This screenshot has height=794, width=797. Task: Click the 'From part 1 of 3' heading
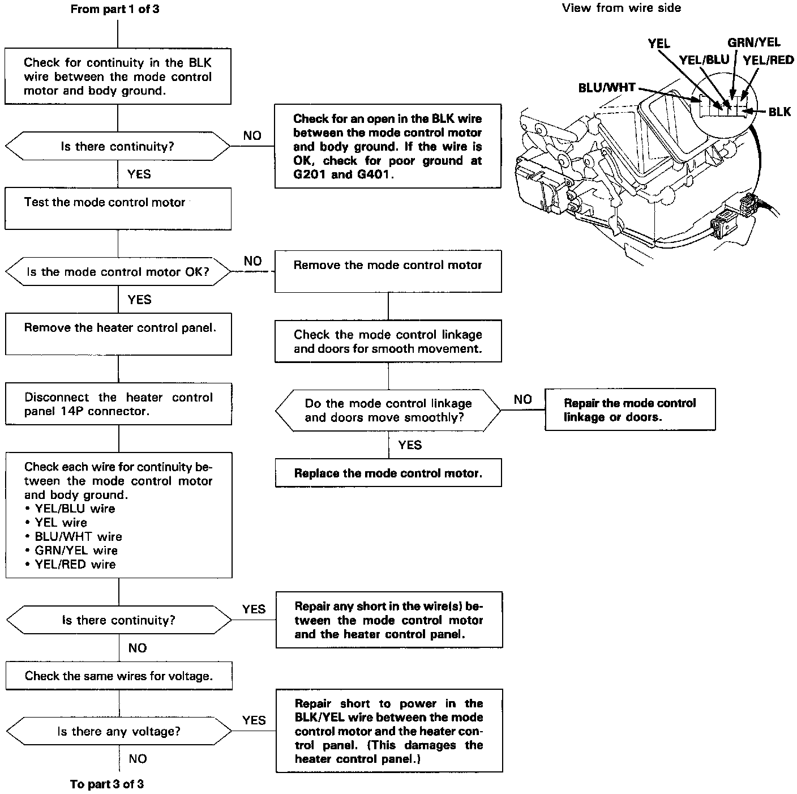[115, 10]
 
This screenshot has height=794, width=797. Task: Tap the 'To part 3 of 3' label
[107, 784]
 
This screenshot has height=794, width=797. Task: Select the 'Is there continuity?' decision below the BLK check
[118, 147]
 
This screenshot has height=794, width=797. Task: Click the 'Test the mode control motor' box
[118, 208]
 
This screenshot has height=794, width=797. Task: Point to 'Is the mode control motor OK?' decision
[118, 272]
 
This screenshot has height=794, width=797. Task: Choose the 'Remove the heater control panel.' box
[118, 334]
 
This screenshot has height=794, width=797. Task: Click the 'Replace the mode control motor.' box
[388, 473]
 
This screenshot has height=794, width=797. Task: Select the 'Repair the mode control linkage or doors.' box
[630, 409]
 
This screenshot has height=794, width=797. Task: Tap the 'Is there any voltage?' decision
[119, 732]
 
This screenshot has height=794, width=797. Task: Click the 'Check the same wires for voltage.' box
[119, 676]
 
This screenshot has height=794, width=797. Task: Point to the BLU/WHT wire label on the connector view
[607, 88]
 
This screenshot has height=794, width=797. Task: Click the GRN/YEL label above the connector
[753, 42]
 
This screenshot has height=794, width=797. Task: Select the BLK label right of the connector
[779, 112]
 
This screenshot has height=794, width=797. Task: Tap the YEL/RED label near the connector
[768, 61]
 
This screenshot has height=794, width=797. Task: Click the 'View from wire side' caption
[622, 8]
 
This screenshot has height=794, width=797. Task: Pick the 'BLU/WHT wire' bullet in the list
[78, 536]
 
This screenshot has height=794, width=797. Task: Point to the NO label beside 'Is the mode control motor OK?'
[253, 261]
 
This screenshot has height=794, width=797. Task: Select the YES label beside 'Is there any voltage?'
[254, 720]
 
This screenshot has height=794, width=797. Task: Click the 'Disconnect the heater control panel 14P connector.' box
[118, 404]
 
